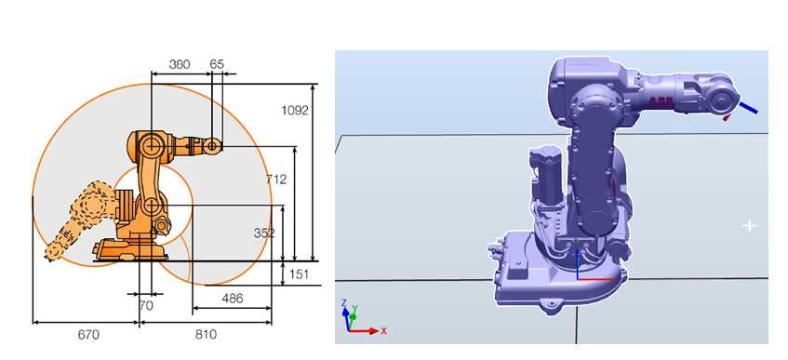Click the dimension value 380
pos(180,65)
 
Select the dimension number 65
pos(217,65)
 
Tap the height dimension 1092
pos(295,110)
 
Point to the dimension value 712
pos(276,179)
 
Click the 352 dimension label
pos(265,233)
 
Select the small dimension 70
pos(145,304)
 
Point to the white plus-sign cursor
pos(749,226)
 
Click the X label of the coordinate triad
pos(383,330)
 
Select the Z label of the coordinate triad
pos(345,303)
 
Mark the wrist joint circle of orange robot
pos(213,145)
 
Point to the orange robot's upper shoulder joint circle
pos(150,146)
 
